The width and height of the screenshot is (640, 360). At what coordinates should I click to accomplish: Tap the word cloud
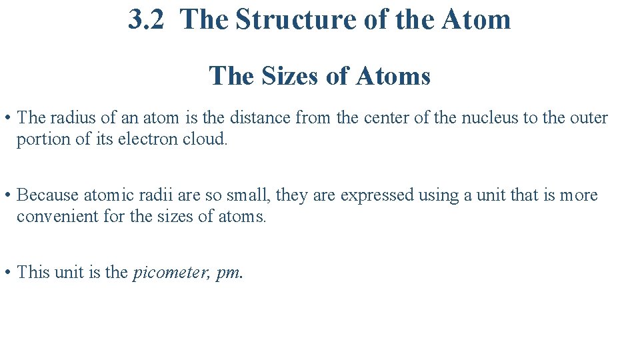pyautogui.click(x=205, y=140)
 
